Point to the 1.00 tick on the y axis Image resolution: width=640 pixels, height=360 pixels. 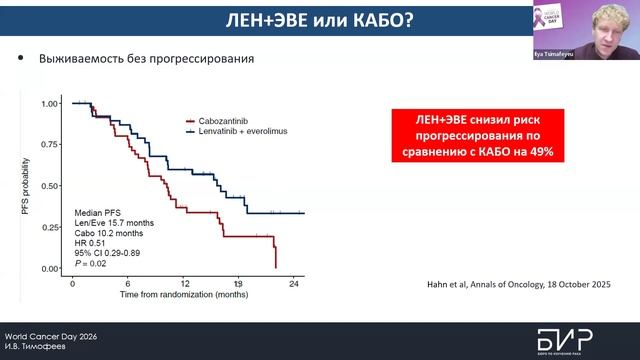tap(50, 104)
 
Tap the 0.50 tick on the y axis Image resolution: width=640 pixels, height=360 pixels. tap(50, 187)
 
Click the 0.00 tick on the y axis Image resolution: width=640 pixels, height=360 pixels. tap(50, 270)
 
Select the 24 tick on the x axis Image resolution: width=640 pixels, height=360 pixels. tap(294, 284)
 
